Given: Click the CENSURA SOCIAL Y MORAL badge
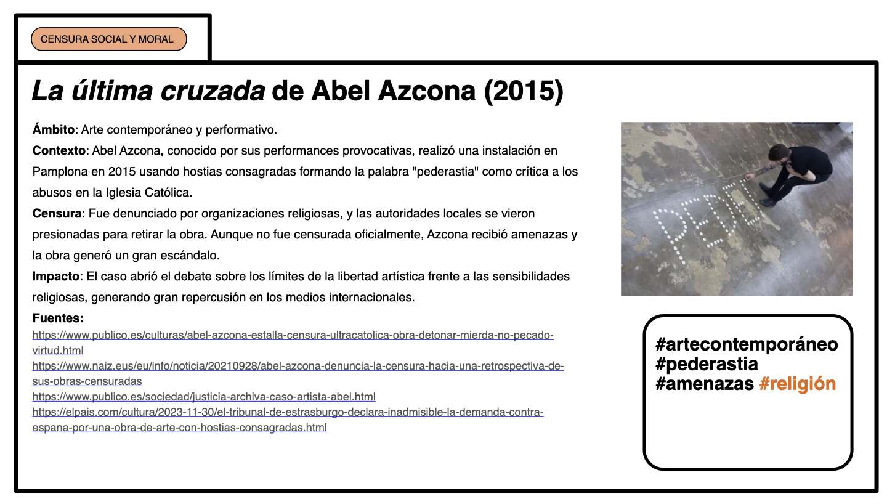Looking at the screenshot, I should point(108,39).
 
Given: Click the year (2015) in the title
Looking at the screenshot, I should point(524,91).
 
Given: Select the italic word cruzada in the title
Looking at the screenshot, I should point(213,91).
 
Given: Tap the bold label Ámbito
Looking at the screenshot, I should point(54,130).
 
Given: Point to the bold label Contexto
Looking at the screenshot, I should point(59,151).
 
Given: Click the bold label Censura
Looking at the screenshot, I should point(57,214).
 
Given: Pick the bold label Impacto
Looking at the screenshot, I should point(56,276).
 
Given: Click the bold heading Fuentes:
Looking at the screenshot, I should point(58,318).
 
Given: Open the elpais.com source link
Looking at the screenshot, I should point(288,412).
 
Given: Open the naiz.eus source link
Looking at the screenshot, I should point(298,366).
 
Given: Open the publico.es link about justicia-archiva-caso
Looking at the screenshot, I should point(204,397).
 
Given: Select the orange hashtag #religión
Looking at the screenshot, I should point(798,384).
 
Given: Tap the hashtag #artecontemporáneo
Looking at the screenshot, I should point(747,344).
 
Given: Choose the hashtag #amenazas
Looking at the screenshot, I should point(705,384).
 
